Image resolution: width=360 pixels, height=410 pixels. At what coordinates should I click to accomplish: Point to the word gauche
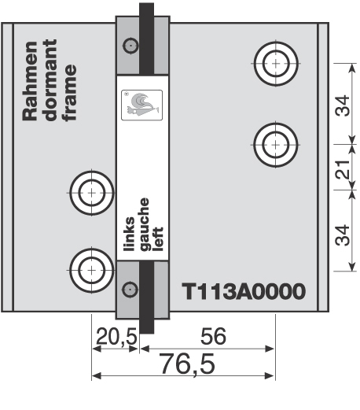coord(144,223)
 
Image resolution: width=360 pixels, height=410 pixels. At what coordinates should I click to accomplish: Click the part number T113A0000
coord(243,291)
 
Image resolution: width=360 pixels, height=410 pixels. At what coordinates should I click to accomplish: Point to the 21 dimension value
coord(343,168)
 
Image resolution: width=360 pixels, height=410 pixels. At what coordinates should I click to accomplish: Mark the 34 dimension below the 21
coord(343,234)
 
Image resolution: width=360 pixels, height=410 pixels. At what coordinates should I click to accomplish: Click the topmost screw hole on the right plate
coord(276,61)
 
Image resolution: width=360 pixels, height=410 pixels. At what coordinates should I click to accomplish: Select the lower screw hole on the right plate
coord(276,144)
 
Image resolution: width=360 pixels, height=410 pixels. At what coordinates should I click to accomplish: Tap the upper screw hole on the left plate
coord(92,191)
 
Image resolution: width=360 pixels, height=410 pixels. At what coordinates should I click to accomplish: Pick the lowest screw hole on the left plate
coord(92,270)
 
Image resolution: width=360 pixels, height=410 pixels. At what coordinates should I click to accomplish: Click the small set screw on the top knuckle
coord(129,48)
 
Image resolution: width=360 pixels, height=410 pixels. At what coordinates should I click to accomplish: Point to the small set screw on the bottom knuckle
coord(129,287)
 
